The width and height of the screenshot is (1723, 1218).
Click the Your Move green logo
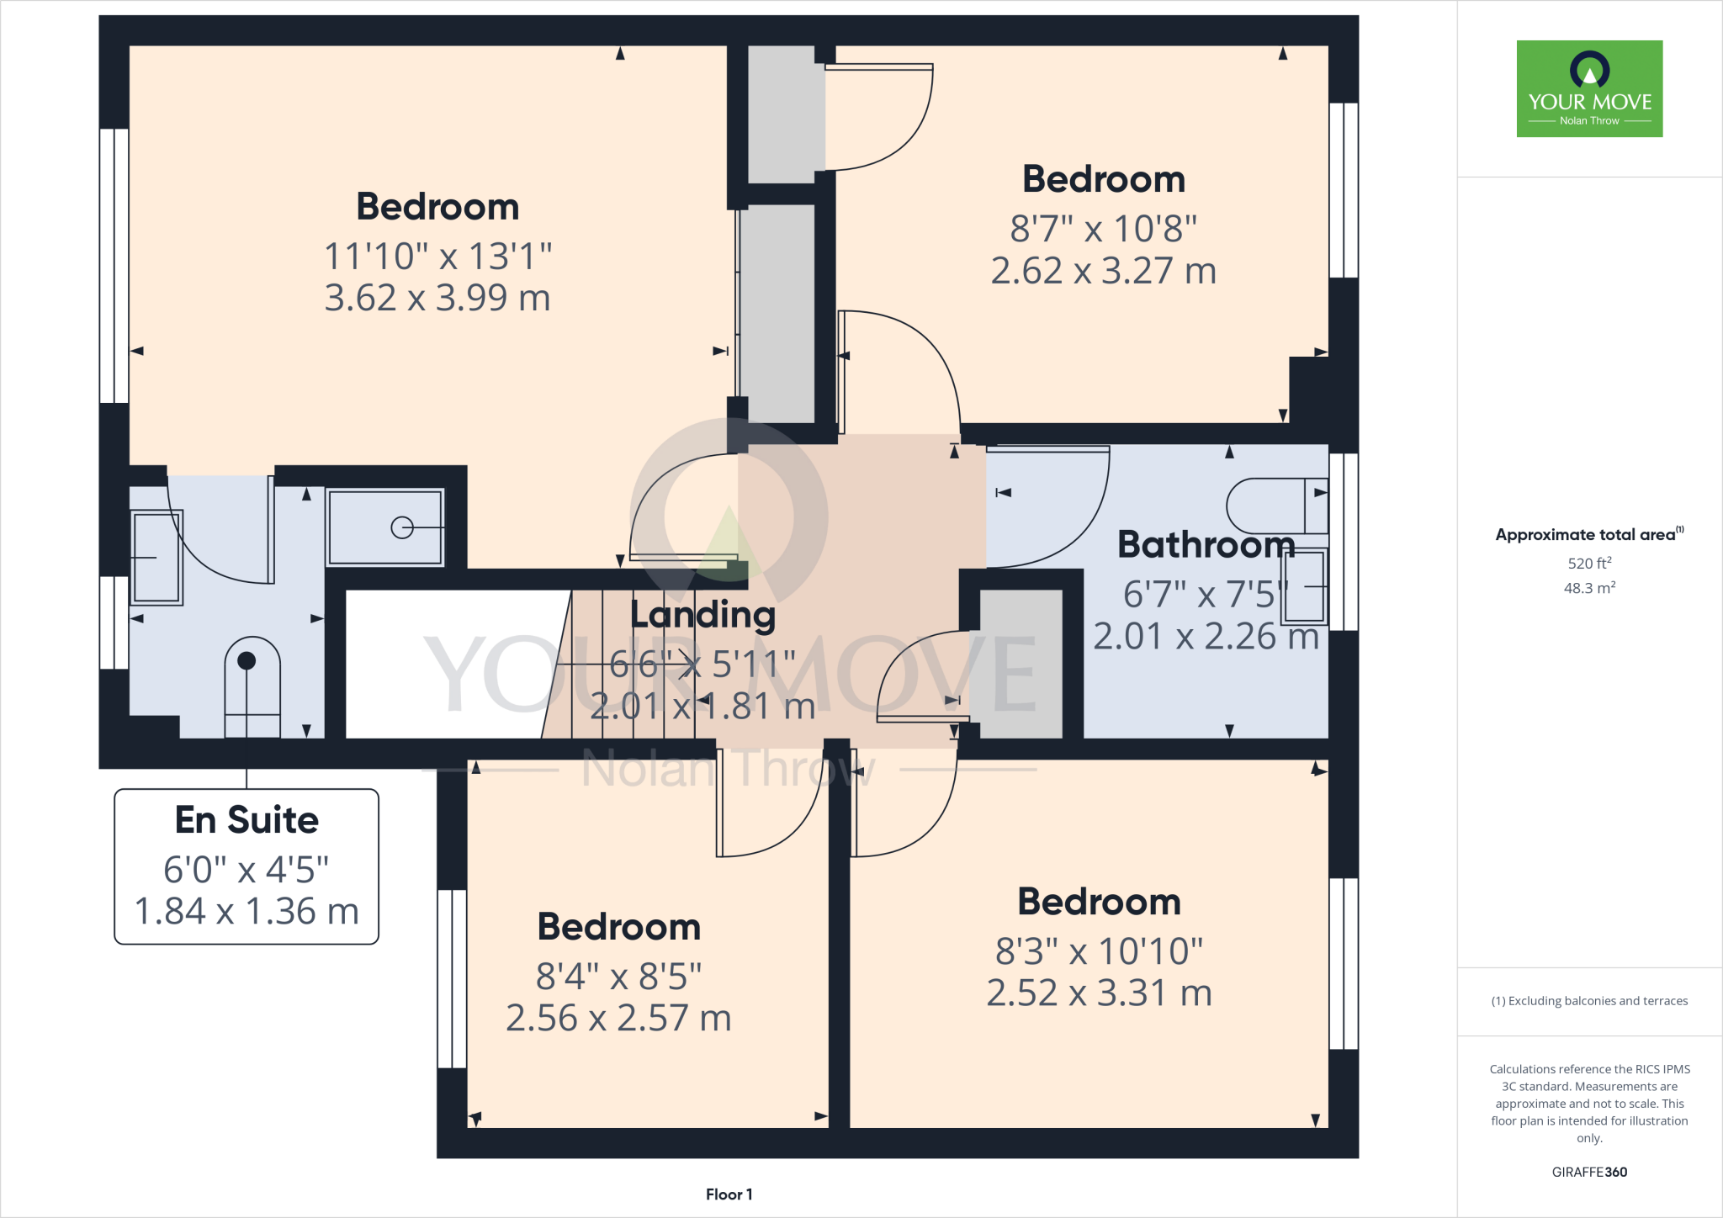coord(1589,88)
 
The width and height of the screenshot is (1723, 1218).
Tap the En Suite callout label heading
coord(247,819)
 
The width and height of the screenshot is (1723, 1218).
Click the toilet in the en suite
coord(252,686)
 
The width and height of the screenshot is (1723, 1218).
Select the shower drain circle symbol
coord(402,527)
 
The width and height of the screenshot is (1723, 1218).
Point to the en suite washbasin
coord(156,557)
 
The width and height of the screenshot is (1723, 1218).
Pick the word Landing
coord(702,615)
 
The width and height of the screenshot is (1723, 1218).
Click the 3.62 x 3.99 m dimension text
coord(437,298)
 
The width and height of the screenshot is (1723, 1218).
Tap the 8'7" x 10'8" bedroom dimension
coord(1103,229)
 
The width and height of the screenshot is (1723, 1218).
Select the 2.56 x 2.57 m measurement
coord(618,1018)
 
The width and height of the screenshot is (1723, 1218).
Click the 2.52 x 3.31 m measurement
coord(1099,993)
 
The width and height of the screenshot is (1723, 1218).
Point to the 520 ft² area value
coord(1589,563)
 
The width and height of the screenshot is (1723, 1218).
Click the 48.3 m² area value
coord(1589,588)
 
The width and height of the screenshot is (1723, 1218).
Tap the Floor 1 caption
coord(729,1194)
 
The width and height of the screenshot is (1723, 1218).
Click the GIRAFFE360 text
coord(1589,1172)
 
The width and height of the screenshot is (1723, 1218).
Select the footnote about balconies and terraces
coord(1589,1001)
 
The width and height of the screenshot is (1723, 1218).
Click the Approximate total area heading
coord(1585,535)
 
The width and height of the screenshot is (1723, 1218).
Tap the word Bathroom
coord(1206,545)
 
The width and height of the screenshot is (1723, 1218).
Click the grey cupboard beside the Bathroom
coord(1021,664)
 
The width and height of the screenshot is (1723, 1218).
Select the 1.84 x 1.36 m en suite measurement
coord(247,911)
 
